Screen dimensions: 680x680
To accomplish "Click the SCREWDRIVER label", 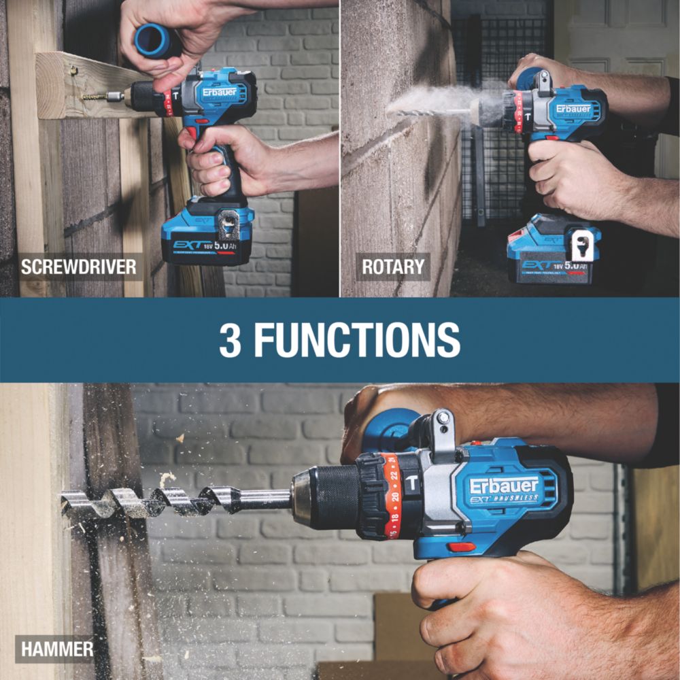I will coord(78,267).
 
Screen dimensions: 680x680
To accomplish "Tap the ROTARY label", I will coord(393,267).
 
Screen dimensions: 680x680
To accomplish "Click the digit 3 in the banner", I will coord(231,339).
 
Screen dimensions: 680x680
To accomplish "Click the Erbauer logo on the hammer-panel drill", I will coord(504,486).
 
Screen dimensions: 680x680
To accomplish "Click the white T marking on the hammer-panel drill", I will coord(411,483).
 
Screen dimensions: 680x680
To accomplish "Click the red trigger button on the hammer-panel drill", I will coord(462,547).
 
